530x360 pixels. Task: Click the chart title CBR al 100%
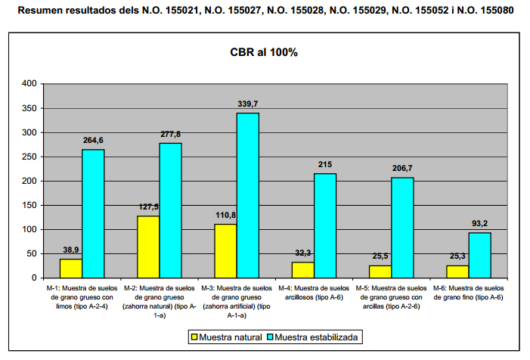[264, 53]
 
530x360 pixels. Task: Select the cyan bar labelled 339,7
[247, 195]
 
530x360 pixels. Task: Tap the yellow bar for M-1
[70, 268]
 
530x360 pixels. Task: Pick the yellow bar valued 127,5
[147, 247]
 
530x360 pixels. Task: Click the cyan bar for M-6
[479, 255]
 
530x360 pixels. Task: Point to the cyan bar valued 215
[325, 225]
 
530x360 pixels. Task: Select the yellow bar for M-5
[380, 272]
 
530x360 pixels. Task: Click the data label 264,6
[94, 140]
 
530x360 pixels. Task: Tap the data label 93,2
[479, 223]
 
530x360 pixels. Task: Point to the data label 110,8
[225, 215]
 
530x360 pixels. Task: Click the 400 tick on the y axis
[29, 84]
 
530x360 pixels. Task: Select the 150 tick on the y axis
[29, 205]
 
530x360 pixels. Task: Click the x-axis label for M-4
[314, 293]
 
